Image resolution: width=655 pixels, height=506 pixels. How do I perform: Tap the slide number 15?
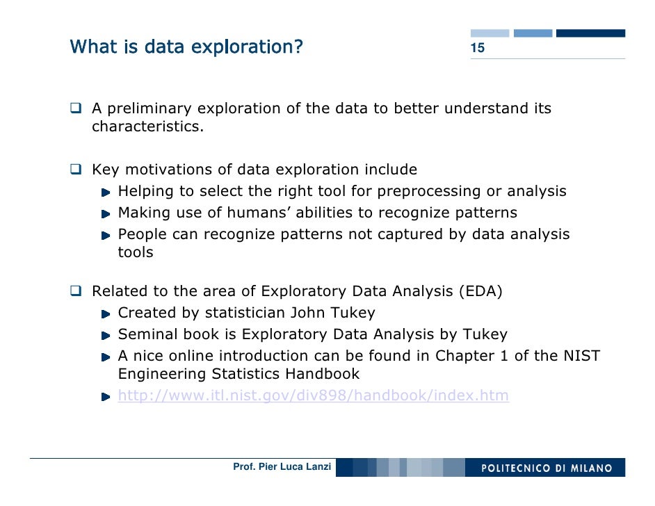pos(478,49)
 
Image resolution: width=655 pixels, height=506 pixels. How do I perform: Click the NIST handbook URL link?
pos(313,396)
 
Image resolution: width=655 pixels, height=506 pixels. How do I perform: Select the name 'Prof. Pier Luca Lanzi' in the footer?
pos(282,467)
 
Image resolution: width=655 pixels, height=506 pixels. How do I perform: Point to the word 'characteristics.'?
pos(148,127)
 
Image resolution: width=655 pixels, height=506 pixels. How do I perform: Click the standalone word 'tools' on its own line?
pos(136,252)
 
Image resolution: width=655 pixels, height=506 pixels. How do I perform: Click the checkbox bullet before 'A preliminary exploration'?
pos(76,108)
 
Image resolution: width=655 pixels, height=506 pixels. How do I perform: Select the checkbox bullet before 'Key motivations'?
pos(76,170)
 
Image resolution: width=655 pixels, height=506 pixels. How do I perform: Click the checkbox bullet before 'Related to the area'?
pos(76,291)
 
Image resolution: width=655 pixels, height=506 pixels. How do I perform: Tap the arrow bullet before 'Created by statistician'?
pos(105,313)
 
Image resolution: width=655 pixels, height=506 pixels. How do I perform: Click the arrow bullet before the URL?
pos(105,397)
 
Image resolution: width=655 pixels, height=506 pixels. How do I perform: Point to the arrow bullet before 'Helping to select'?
pos(105,192)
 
